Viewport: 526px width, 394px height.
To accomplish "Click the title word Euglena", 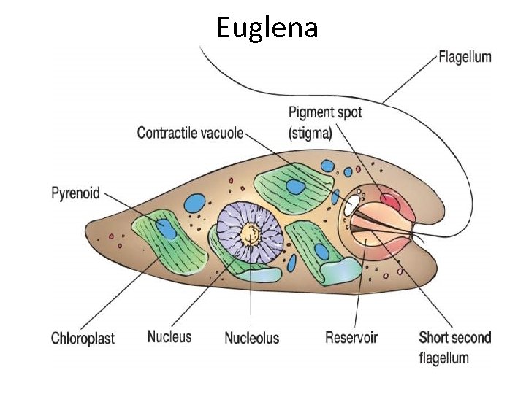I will click(267, 28).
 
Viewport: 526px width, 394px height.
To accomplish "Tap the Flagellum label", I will click(464, 56).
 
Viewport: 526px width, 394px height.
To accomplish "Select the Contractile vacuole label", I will click(190, 133).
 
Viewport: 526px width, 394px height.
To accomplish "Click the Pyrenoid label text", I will click(75, 194).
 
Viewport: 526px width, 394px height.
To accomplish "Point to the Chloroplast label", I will click(83, 339).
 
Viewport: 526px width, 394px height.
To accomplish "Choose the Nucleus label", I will click(169, 336).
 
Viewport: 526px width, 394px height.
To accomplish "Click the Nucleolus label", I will click(251, 339).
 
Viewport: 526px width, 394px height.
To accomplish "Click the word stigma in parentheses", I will click(310, 133).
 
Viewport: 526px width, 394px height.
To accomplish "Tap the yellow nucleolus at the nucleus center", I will click(251, 233).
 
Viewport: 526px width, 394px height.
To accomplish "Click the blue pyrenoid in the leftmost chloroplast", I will click(166, 231).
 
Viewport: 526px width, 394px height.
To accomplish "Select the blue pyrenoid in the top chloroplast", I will click(295, 187).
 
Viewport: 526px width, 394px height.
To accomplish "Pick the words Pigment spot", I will click(325, 113).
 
